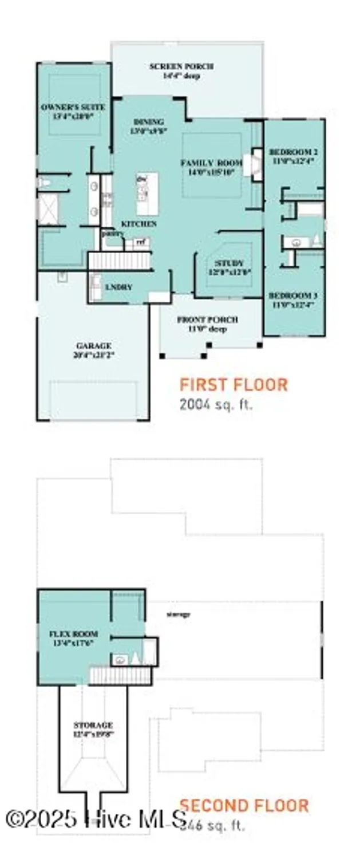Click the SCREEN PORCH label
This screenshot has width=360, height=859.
click(181, 66)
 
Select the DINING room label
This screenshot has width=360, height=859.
click(149, 121)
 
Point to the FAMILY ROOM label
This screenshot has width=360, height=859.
click(211, 163)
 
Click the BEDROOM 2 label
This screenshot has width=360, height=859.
click(293, 152)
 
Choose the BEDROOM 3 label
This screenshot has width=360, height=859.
click(293, 295)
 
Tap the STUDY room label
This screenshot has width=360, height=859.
click(229, 263)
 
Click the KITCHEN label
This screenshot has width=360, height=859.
click(139, 224)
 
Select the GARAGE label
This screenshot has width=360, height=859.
click(93, 346)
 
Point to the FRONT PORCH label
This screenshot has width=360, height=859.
click(207, 320)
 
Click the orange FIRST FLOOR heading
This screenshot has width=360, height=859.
click(234, 384)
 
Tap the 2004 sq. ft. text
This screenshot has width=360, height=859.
click(216, 404)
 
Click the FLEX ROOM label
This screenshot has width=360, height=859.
click(73, 634)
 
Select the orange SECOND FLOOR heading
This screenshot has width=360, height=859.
click(244, 806)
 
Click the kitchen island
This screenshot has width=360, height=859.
click(147, 193)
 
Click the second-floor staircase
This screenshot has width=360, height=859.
click(121, 676)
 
